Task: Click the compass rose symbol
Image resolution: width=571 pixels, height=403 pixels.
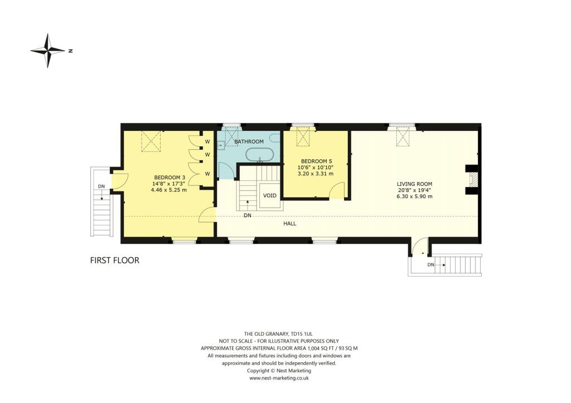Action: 48,51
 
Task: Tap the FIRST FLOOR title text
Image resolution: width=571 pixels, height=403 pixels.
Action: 115,260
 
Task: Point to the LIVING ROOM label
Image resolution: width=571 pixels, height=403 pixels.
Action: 414,184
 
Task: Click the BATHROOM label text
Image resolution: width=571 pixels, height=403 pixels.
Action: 248,142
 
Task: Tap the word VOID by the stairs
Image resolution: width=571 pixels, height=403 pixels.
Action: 270,195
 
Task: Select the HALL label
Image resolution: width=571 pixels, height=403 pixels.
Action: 289,223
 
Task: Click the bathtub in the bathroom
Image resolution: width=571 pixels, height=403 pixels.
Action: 259,154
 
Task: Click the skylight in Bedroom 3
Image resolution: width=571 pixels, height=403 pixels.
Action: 151,141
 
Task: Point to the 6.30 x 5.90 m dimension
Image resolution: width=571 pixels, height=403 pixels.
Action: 414,196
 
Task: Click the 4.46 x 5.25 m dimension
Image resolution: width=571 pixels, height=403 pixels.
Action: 168,189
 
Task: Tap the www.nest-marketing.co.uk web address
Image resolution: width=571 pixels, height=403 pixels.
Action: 279,377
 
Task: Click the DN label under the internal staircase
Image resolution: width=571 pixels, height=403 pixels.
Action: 247,215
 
